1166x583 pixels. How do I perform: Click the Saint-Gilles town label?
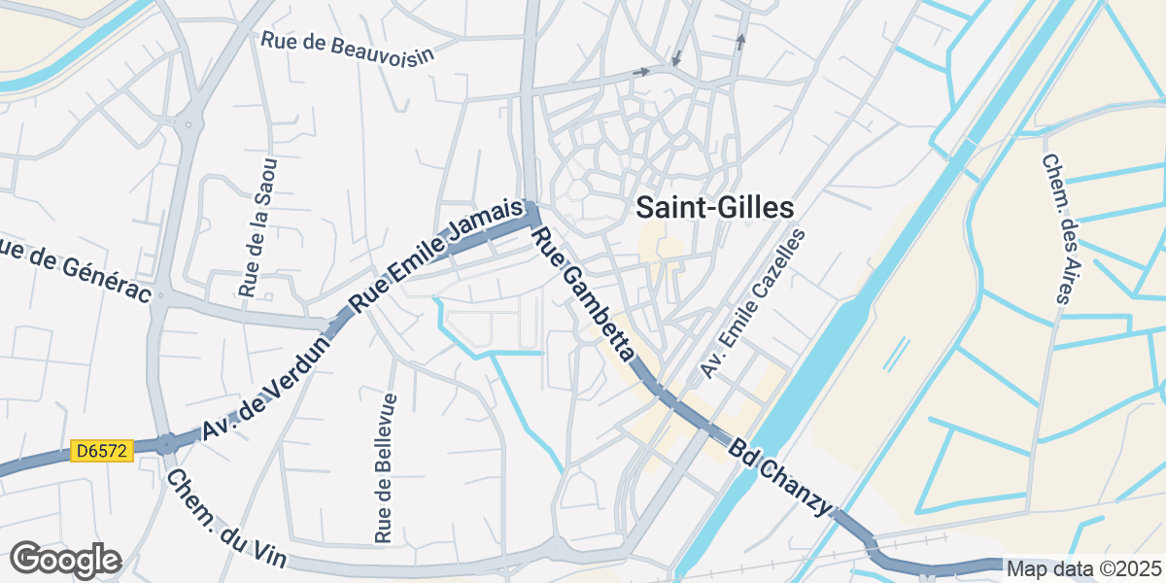click(x=714, y=207)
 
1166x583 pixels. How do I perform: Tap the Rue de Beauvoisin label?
click(x=347, y=46)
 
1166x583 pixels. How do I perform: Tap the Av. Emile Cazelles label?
click(x=754, y=305)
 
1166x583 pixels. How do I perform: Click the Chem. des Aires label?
click(x=1055, y=228)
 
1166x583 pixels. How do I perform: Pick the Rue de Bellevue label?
click(x=385, y=467)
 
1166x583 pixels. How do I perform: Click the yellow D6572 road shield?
click(x=102, y=452)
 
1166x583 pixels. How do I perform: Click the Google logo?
click(x=65, y=560)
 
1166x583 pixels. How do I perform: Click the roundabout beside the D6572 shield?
click(x=167, y=444)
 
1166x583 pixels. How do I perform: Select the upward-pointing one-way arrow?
click(x=740, y=41)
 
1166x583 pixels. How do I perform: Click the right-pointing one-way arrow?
click(x=640, y=72)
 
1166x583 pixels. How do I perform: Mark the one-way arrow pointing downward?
click(x=676, y=57)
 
